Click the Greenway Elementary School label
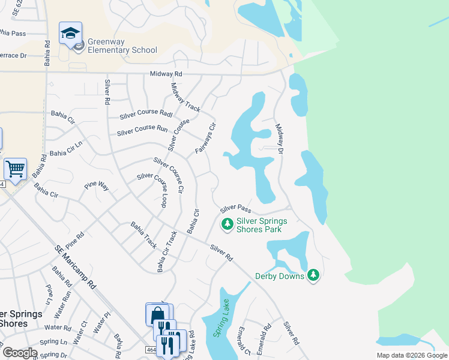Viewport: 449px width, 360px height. point(122,46)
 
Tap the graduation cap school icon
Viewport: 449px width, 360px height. point(70,33)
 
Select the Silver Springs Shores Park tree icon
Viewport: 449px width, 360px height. point(227,224)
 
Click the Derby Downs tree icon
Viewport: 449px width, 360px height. point(313,275)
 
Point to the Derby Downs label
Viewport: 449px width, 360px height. point(280,276)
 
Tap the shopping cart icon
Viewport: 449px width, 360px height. point(15,169)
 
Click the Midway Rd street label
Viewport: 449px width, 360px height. point(166,74)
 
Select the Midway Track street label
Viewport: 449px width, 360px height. point(185,97)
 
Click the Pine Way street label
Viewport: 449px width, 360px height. point(96,186)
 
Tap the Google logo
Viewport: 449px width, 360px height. point(20,353)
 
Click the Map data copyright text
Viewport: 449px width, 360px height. point(411,355)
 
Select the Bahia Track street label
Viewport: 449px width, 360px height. point(144,235)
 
